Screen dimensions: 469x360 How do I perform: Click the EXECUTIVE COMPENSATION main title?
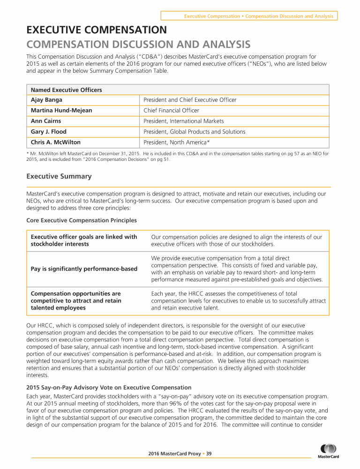pyautogui.click(x=96, y=30)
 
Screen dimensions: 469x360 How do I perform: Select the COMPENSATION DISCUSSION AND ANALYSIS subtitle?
pyautogui.click(x=138, y=45)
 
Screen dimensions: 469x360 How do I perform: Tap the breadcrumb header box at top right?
pyautogui.click(x=249, y=16)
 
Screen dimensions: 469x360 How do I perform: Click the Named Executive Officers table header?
pyautogui.click(x=66, y=90)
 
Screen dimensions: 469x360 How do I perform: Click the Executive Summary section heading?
pyautogui.click(x=59, y=177)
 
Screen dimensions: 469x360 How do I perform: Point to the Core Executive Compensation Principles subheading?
pyautogui.click(x=82, y=220)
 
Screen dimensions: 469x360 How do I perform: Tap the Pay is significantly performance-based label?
pyautogui.click(x=84, y=269)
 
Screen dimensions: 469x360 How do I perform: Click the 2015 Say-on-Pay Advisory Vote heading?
pyautogui.click(x=109, y=387)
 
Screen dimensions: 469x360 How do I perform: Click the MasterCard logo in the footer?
pyautogui.click(x=329, y=451)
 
